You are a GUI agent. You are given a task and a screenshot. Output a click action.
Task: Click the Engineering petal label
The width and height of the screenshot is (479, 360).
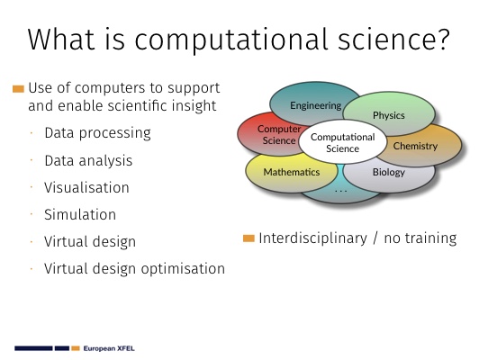click(315, 105)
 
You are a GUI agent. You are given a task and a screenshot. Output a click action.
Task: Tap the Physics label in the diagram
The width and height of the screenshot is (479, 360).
click(389, 115)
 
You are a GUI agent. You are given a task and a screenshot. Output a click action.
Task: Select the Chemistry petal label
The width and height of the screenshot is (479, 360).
click(415, 146)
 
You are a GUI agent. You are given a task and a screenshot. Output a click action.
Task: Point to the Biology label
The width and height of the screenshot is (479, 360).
click(389, 172)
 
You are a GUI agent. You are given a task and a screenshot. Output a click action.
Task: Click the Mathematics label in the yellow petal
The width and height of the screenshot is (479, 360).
click(292, 172)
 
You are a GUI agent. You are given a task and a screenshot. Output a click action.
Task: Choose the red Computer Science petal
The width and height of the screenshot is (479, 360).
click(269, 135)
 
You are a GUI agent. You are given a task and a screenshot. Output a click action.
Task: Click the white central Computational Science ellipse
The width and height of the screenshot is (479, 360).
click(343, 142)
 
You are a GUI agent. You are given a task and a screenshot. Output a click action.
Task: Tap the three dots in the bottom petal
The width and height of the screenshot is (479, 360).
click(341, 192)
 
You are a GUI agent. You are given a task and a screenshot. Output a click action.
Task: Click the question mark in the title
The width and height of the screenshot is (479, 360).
click(444, 39)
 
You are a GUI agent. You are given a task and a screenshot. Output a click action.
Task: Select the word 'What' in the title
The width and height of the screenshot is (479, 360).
click(60, 39)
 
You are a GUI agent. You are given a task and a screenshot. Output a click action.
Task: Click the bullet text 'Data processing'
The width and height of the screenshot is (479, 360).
click(97, 133)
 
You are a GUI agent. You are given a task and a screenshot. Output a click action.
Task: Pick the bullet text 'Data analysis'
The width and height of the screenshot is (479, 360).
click(88, 161)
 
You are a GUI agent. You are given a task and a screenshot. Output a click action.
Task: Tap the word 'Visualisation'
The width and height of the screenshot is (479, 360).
click(86, 187)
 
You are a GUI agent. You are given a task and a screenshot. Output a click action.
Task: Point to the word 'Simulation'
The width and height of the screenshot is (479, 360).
click(80, 214)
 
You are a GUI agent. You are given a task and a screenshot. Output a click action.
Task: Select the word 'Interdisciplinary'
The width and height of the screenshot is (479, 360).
click(312, 238)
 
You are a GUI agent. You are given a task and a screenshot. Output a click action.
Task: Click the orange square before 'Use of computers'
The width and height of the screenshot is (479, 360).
click(18, 89)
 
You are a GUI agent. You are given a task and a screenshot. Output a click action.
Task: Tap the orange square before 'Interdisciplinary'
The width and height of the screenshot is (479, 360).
click(249, 238)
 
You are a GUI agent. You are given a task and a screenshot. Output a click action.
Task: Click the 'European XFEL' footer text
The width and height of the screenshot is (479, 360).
click(109, 348)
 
